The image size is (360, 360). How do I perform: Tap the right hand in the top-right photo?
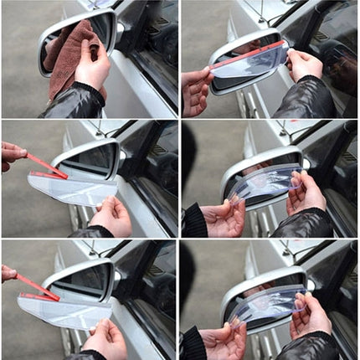tap(303, 65)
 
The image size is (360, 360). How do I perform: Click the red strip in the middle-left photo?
tap(46, 166)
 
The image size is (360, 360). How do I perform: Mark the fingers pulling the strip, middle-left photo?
tap(12, 153)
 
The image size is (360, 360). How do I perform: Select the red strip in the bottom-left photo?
tap(38, 287)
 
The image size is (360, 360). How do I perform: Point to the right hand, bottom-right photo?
tap(311, 315)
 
